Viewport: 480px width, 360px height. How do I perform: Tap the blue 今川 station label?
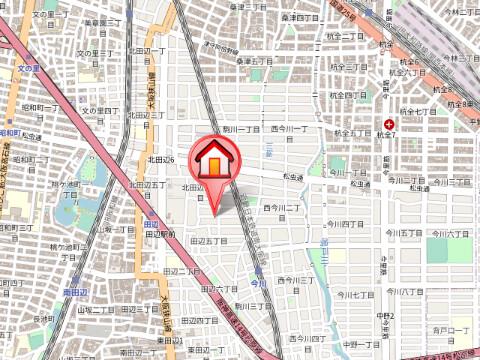click(259, 283)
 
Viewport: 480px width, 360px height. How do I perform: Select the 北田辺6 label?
click(161, 159)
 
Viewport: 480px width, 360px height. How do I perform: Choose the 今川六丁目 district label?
click(450, 232)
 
